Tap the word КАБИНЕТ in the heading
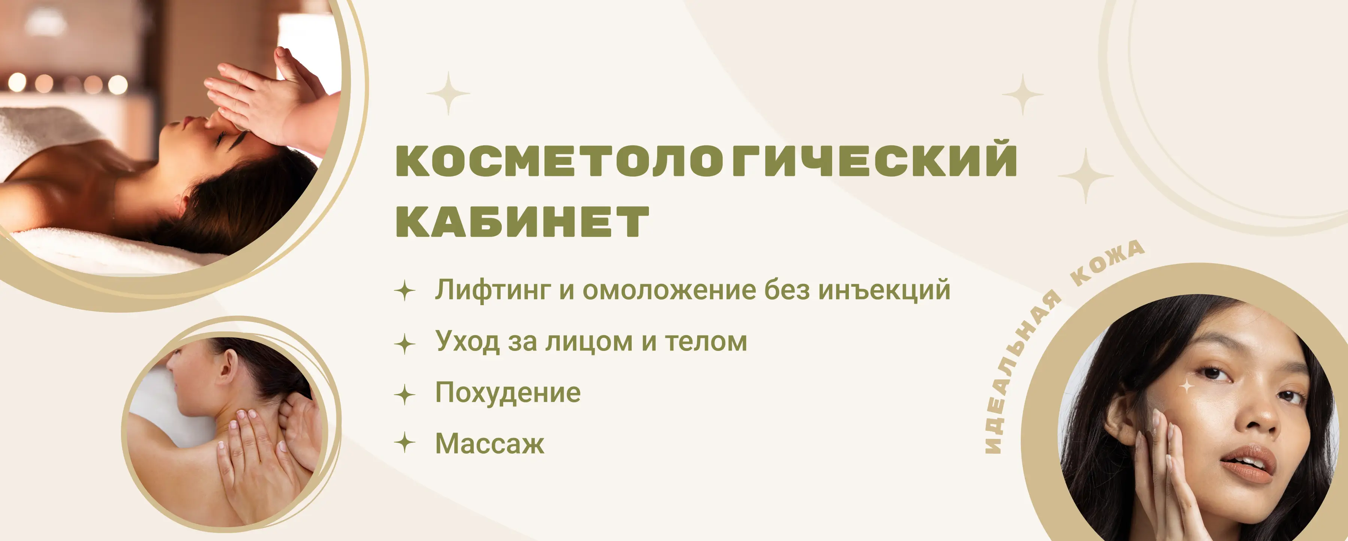522,221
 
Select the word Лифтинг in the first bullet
493,291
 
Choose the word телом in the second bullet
706,342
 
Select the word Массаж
490,444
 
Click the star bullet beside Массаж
404,442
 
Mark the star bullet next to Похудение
404,394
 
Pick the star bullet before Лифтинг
404,290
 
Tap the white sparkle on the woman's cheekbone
1187,387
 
